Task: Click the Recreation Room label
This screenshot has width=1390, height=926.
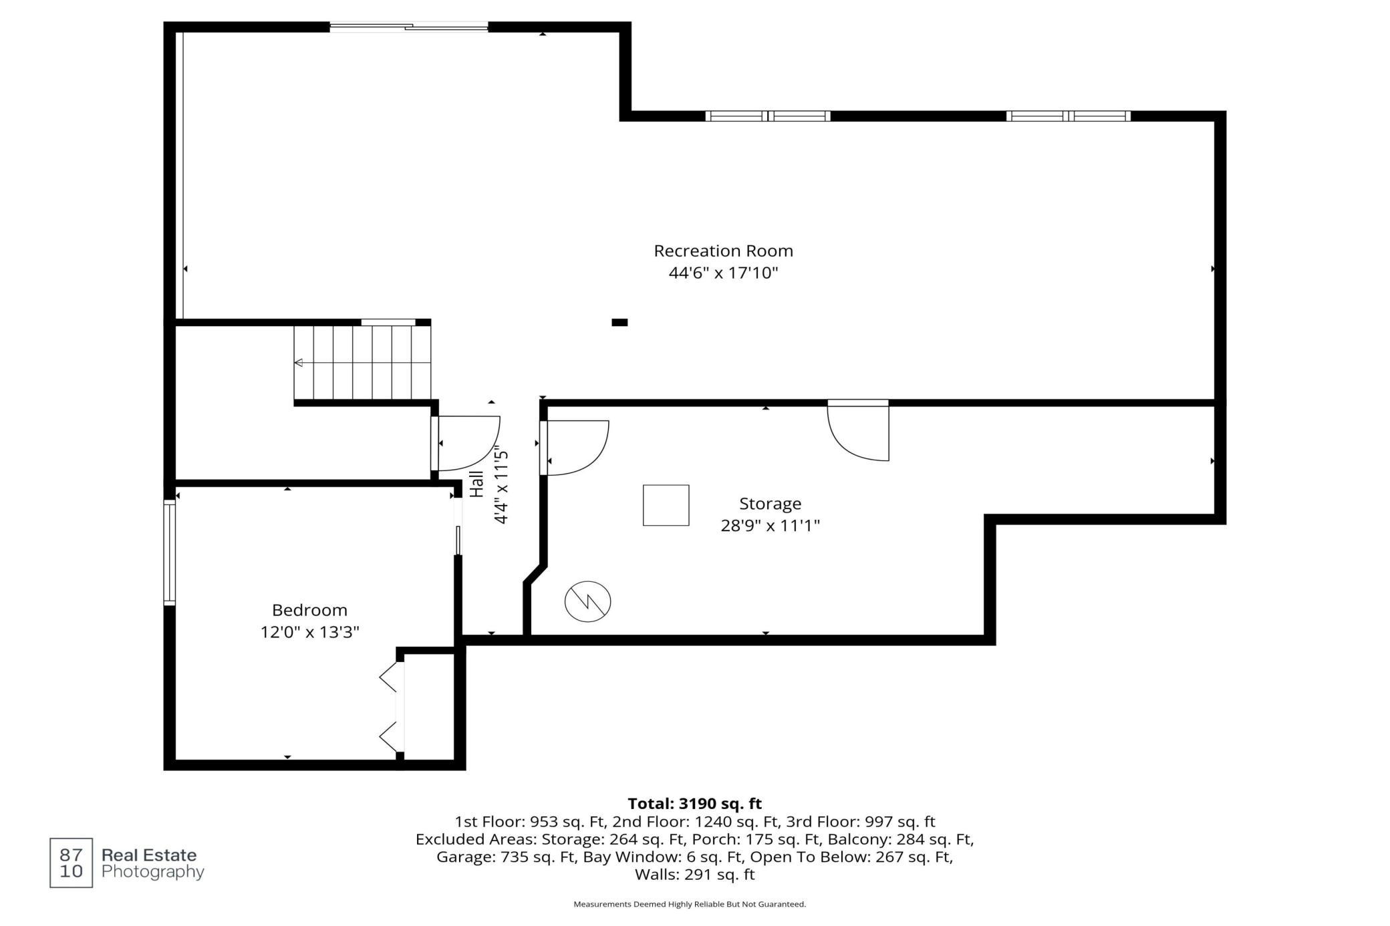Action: pyautogui.click(x=723, y=251)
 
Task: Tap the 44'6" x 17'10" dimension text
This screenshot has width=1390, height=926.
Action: pyautogui.click(x=724, y=273)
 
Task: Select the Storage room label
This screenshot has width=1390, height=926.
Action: pyautogui.click(x=770, y=504)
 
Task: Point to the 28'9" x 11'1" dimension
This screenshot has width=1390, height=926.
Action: pyautogui.click(x=770, y=526)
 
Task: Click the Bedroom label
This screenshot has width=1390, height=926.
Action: pyautogui.click(x=309, y=610)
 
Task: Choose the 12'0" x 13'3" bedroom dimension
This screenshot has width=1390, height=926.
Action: pyautogui.click(x=309, y=632)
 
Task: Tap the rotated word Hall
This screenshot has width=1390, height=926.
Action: pyautogui.click(x=476, y=484)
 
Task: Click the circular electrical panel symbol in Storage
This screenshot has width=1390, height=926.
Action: pyautogui.click(x=587, y=601)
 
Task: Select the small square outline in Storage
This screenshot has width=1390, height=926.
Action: pyautogui.click(x=666, y=505)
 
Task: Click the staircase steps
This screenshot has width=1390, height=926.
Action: pyautogui.click(x=362, y=362)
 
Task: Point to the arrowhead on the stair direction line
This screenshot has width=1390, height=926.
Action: pyautogui.click(x=299, y=363)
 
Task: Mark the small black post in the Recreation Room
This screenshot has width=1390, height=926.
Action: pyautogui.click(x=619, y=323)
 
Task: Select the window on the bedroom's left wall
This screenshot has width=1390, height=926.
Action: pyautogui.click(x=170, y=553)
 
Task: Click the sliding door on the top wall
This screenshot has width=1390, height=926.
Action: pyautogui.click(x=409, y=27)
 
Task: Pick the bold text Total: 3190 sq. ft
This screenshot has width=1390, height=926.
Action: pyautogui.click(x=694, y=804)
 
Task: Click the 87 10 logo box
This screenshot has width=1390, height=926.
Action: pyautogui.click(x=71, y=863)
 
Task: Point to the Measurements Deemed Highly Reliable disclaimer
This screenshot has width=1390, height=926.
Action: pyautogui.click(x=690, y=904)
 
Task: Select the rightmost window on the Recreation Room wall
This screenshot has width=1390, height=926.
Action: pyautogui.click(x=1069, y=116)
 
